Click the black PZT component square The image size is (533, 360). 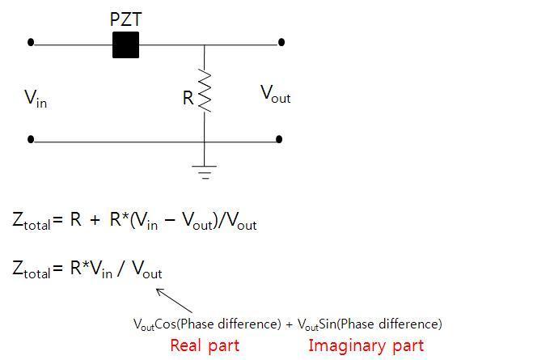[x=125, y=45]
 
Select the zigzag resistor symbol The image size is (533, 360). [x=204, y=91]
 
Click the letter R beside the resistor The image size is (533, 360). [x=188, y=98]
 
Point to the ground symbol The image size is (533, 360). [x=204, y=172]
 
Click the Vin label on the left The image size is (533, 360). [x=35, y=99]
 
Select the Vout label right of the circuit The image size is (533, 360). [x=275, y=94]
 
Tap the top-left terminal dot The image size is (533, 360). [x=31, y=42]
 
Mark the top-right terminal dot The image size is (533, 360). [x=281, y=42]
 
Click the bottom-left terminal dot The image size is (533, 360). [x=31, y=139]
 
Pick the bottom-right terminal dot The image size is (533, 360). [x=279, y=139]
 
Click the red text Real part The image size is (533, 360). [x=205, y=345]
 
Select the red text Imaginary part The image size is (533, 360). [x=366, y=345]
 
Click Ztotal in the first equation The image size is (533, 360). [x=32, y=221]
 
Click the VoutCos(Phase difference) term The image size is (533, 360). [x=206, y=324]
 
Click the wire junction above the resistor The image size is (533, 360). [x=204, y=45]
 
